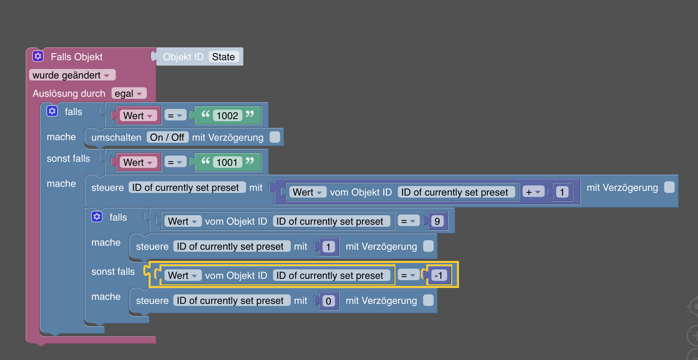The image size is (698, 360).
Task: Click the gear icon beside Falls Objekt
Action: pos(38,56)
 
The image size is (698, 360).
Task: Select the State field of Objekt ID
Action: pos(223,57)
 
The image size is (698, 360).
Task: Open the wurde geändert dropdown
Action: pos(72,75)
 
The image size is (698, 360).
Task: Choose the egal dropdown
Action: pos(129,94)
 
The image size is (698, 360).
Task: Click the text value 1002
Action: pos(227,116)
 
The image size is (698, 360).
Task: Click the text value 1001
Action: pos(227,162)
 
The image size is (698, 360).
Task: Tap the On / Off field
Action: pos(168,137)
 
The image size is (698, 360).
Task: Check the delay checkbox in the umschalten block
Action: pos(275,137)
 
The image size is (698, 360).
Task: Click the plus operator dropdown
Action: pos(533,192)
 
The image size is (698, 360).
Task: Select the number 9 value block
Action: pos(437,222)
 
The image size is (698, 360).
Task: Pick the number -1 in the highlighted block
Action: pos(439,275)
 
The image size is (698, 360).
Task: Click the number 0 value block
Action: pos(328,301)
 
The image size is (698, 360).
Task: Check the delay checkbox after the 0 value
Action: pos(429,301)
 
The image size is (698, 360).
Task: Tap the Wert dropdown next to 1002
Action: pos(138,116)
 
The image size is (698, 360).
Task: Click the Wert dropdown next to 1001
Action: pos(138,162)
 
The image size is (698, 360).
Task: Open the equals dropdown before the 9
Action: pos(408,222)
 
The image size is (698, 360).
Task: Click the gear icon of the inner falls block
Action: pos(97,216)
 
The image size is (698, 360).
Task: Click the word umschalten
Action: pos(116,137)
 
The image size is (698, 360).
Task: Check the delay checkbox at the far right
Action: pos(669,187)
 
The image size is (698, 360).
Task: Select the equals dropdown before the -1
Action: pos(408,276)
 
